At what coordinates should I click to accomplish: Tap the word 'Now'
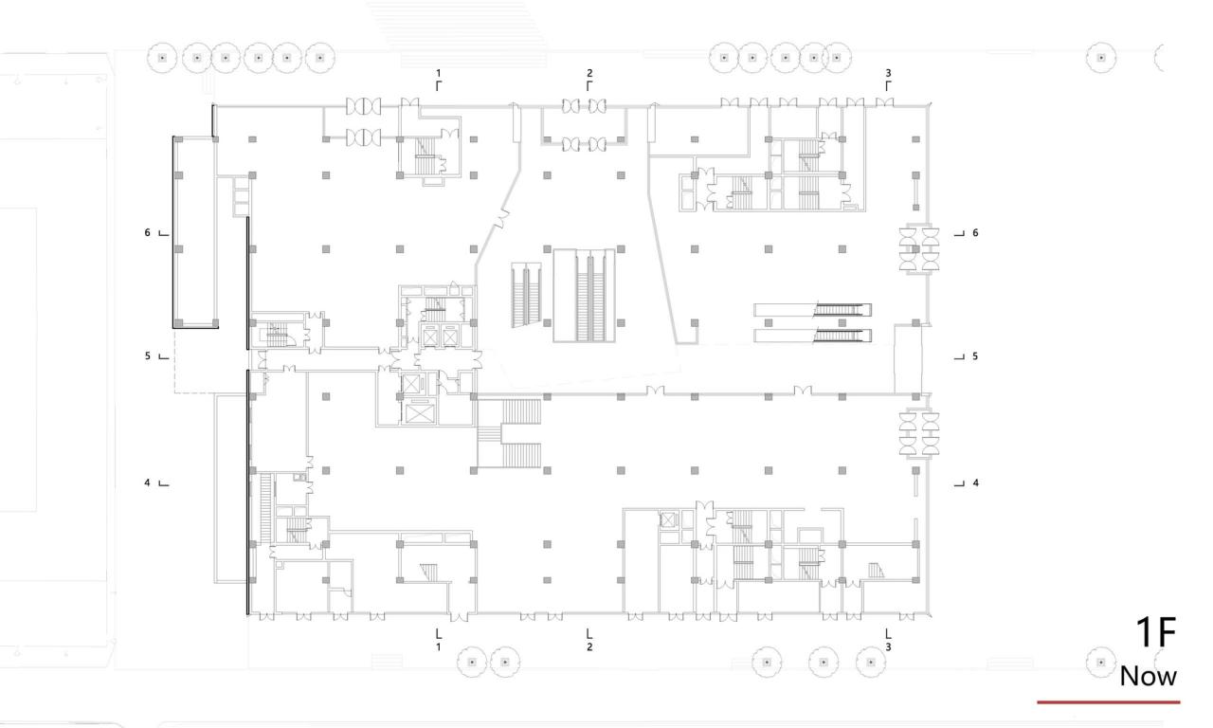[1148, 676]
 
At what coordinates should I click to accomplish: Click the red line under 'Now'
[1109, 702]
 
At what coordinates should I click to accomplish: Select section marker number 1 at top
[438, 73]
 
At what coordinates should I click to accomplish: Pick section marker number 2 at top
[589, 73]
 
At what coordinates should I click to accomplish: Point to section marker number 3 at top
[888, 73]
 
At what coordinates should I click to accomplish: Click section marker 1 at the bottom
[438, 647]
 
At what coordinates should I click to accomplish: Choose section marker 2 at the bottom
[589, 647]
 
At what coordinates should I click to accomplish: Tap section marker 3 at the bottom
[888, 647]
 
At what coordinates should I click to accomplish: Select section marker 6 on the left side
[148, 232]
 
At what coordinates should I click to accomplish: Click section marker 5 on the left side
[148, 356]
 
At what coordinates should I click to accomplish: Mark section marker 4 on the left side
[148, 482]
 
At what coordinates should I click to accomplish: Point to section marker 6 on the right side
[974, 232]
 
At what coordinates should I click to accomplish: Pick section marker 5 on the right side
[974, 356]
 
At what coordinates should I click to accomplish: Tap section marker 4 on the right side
[974, 482]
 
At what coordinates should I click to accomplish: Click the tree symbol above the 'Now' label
[1101, 661]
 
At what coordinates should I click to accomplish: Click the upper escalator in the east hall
[813, 309]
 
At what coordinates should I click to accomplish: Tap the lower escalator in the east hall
[813, 335]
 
